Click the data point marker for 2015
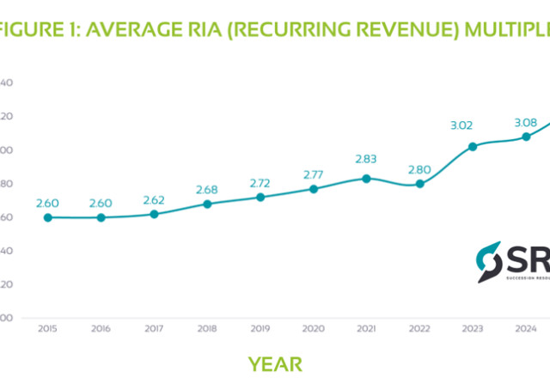(48, 217)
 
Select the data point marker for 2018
(207, 204)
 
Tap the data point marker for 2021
(366, 179)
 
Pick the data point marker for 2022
(419, 184)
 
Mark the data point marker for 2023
(473, 146)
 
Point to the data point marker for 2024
(526, 137)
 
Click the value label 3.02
(461, 125)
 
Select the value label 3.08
(526, 122)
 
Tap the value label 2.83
(366, 159)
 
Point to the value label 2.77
(314, 174)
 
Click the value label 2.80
(419, 168)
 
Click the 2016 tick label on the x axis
(101, 328)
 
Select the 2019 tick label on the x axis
(260, 328)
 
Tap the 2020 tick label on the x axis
(314, 328)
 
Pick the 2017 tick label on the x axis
(154, 328)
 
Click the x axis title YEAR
(275, 363)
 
